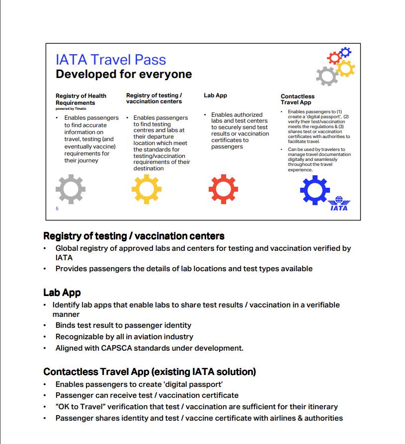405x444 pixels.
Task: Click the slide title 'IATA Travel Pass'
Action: [111, 60]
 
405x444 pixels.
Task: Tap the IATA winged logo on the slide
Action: [339, 203]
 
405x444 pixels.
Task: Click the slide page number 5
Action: [57, 209]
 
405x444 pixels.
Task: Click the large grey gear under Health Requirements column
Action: [71, 189]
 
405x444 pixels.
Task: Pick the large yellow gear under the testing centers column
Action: [147, 189]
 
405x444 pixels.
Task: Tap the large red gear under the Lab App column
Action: [223, 189]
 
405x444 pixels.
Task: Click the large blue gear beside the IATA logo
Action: [315, 190]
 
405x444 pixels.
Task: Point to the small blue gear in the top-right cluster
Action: [345, 52]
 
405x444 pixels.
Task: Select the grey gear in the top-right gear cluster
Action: [327, 76]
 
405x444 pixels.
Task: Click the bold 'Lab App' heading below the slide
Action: [62, 293]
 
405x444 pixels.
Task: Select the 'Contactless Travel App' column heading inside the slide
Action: [298, 99]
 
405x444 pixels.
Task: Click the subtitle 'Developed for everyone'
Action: [124, 74]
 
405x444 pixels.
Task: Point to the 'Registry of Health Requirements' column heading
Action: [81, 99]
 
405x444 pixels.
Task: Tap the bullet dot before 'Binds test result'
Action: [46, 326]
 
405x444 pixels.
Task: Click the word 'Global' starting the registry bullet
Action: [67, 248]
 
